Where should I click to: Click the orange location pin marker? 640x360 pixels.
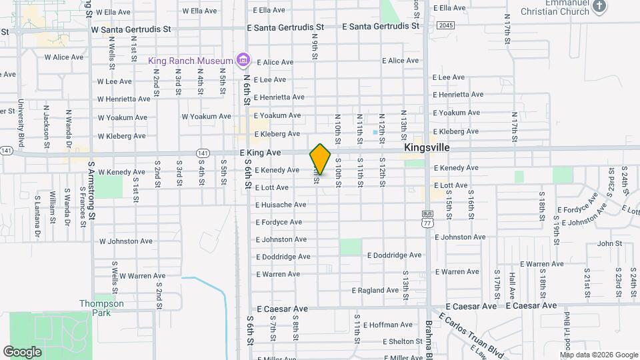[x=321, y=159]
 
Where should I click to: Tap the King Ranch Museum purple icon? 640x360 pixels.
[x=243, y=61]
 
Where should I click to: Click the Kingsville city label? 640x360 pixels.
[x=426, y=147]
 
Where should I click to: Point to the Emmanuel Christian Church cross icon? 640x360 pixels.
[x=599, y=6]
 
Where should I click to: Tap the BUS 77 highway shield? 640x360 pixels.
[x=427, y=219]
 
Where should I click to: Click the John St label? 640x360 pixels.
[x=609, y=244]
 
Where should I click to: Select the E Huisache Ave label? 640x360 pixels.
[x=281, y=205]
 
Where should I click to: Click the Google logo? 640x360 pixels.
[x=22, y=351]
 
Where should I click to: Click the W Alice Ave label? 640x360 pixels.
[x=64, y=57]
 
